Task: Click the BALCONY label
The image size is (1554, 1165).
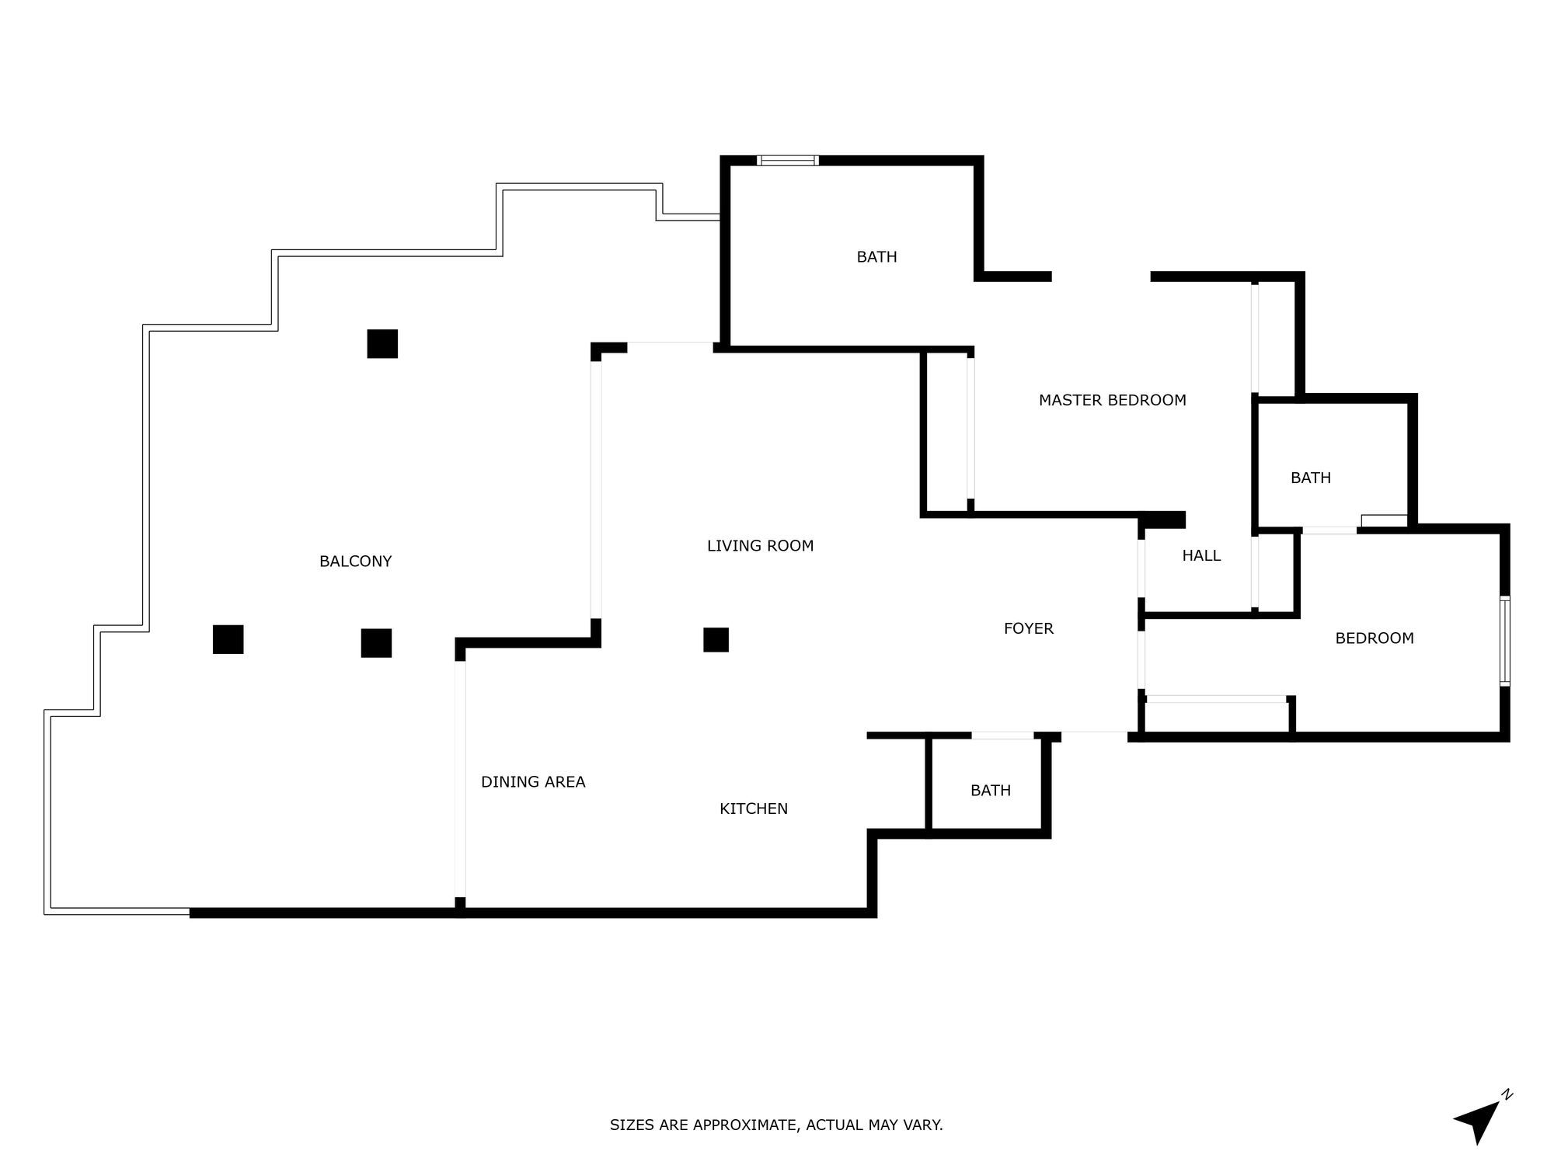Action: (x=355, y=562)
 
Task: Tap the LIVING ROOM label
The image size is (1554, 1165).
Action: (x=760, y=546)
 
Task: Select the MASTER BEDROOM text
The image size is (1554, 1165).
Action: (x=1112, y=401)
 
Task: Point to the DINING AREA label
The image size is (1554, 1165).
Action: (x=533, y=782)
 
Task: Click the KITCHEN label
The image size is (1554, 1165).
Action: (x=753, y=809)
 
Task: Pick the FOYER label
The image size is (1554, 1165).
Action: (x=1028, y=629)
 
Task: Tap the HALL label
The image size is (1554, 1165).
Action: (x=1201, y=556)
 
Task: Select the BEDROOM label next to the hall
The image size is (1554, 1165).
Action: (x=1374, y=638)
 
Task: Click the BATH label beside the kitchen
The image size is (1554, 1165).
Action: (x=990, y=791)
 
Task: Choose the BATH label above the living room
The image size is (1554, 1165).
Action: (x=876, y=257)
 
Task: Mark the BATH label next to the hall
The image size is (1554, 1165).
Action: (x=1310, y=478)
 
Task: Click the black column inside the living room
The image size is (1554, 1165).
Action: (x=716, y=640)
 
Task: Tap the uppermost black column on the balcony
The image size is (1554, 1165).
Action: (x=382, y=344)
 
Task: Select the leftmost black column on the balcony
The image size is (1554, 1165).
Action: (x=228, y=639)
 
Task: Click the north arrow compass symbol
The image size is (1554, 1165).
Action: (x=1479, y=1118)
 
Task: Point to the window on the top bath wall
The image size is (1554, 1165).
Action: (x=788, y=161)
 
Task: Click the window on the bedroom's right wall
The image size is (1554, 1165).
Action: (x=1504, y=641)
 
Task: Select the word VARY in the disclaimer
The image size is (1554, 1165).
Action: (x=924, y=1125)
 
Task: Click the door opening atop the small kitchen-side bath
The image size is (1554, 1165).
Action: (x=1002, y=735)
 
